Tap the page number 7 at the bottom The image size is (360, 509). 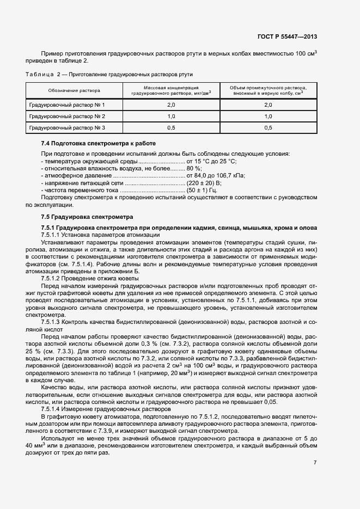coord(315,463)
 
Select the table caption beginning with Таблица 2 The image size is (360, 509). coord(109,74)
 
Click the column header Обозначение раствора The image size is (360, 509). coord(74,90)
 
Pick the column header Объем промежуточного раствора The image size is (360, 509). coord(268,90)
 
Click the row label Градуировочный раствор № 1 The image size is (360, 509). coord(66,105)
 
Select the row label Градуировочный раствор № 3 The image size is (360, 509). coord(66,128)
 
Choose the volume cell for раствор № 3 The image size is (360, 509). coord(268,128)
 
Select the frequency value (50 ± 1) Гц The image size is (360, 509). coord(202,191)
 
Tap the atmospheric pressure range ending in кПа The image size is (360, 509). coord(216,176)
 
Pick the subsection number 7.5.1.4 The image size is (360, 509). coord(52,408)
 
